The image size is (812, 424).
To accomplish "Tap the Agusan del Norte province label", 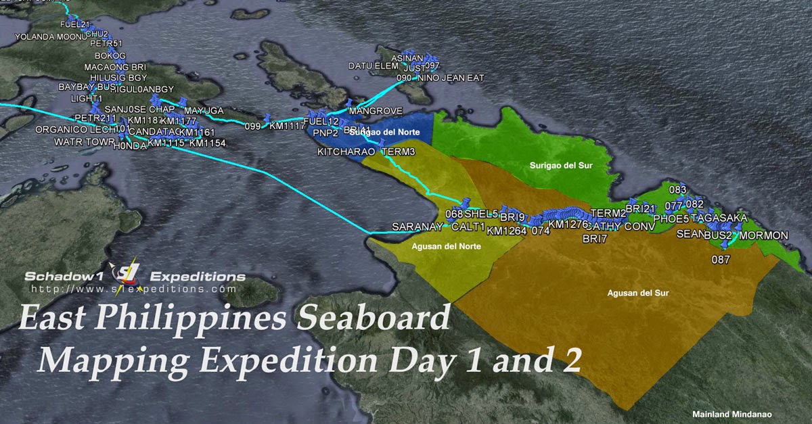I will (x=446, y=246).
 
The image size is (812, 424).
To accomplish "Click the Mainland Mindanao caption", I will (x=731, y=414).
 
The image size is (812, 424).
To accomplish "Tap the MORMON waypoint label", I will (x=764, y=235).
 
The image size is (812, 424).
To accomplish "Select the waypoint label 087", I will (x=721, y=259).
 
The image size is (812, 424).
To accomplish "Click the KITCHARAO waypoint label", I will (x=346, y=152).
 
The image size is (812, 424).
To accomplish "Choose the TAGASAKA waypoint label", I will (x=719, y=218).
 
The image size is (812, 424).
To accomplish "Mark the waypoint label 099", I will (x=252, y=126).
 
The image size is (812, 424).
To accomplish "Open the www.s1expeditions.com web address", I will (x=134, y=289).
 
